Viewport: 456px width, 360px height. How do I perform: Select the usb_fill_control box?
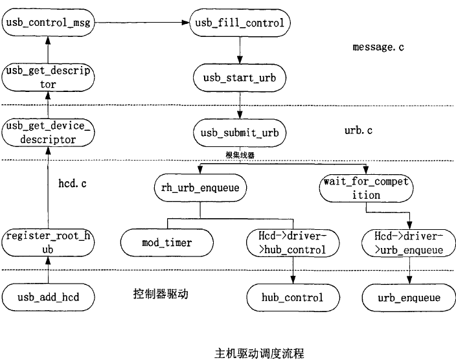pos(240,23)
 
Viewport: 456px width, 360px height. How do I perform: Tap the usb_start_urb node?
pos(240,78)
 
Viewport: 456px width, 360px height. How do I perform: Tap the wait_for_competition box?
pos(366,188)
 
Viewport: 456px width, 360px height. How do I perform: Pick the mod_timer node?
pos(166,243)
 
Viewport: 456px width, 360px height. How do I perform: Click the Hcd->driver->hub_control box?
pos(293,243)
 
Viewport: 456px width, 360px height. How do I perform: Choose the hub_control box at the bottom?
pos(293,298)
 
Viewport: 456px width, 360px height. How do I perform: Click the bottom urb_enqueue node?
pos(408,298)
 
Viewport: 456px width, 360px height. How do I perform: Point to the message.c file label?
pos(378,47)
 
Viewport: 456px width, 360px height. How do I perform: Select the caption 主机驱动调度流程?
pos(258,353)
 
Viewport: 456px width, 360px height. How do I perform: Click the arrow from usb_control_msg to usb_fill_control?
pos(141,23)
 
